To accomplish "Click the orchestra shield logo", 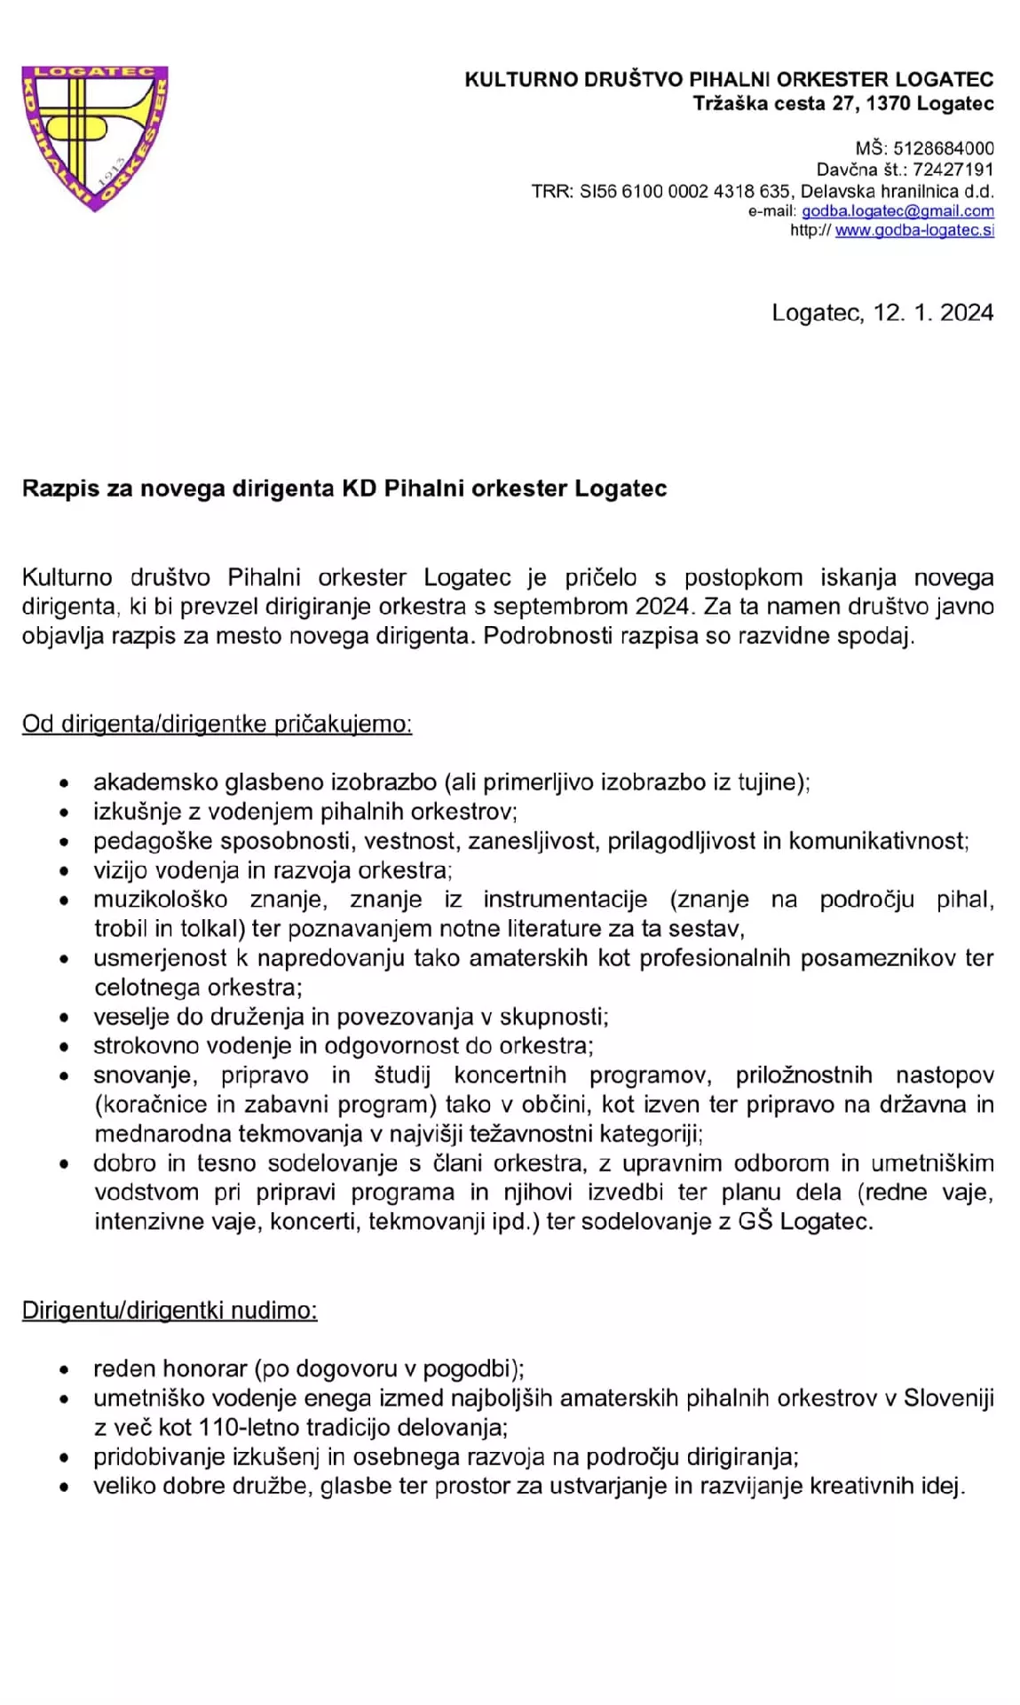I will click(94, 137).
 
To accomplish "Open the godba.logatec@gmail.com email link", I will click(897, 211).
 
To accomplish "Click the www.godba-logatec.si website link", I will click(913, 231).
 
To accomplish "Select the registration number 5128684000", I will click(943, 148).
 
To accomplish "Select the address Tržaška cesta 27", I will click(775, 104).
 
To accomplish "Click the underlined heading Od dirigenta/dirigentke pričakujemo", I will click(217, 724).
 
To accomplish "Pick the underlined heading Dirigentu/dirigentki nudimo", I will click(170, 1311).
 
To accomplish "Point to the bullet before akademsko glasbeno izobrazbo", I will click(64, 784).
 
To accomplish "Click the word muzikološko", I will click(160, 900).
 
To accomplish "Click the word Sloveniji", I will click(948, 1399).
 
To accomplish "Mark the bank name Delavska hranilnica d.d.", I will click(897, 191).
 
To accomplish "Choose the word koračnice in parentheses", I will click(150, 1105).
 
